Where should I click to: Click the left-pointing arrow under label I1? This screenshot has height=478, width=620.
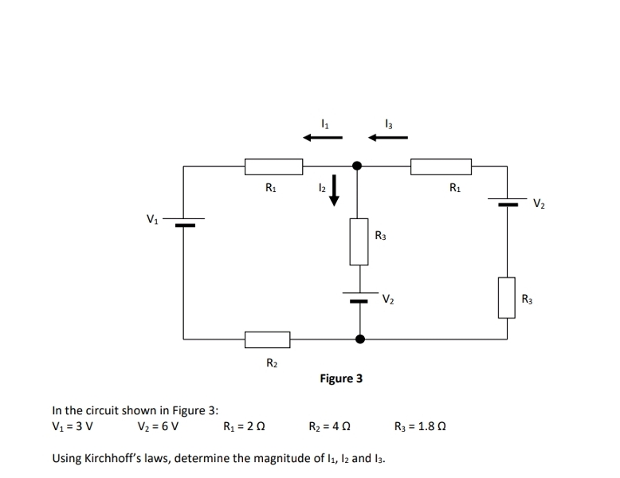click(323, 137)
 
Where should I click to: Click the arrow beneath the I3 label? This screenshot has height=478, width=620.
click(387, 137)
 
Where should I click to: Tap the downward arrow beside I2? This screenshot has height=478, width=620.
click(335, 191)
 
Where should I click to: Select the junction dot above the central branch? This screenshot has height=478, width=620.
click(358, 166)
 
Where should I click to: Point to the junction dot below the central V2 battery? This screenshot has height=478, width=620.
click(359, 339)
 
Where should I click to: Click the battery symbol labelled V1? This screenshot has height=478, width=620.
click(185, 221)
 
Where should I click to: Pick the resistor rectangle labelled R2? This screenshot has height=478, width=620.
click(267, 339)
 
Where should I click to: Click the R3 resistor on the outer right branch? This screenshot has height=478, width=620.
click(507, 296)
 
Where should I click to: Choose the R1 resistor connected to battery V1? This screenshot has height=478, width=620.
click(273, 167)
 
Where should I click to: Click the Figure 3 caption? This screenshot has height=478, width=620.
click(341, 378)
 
